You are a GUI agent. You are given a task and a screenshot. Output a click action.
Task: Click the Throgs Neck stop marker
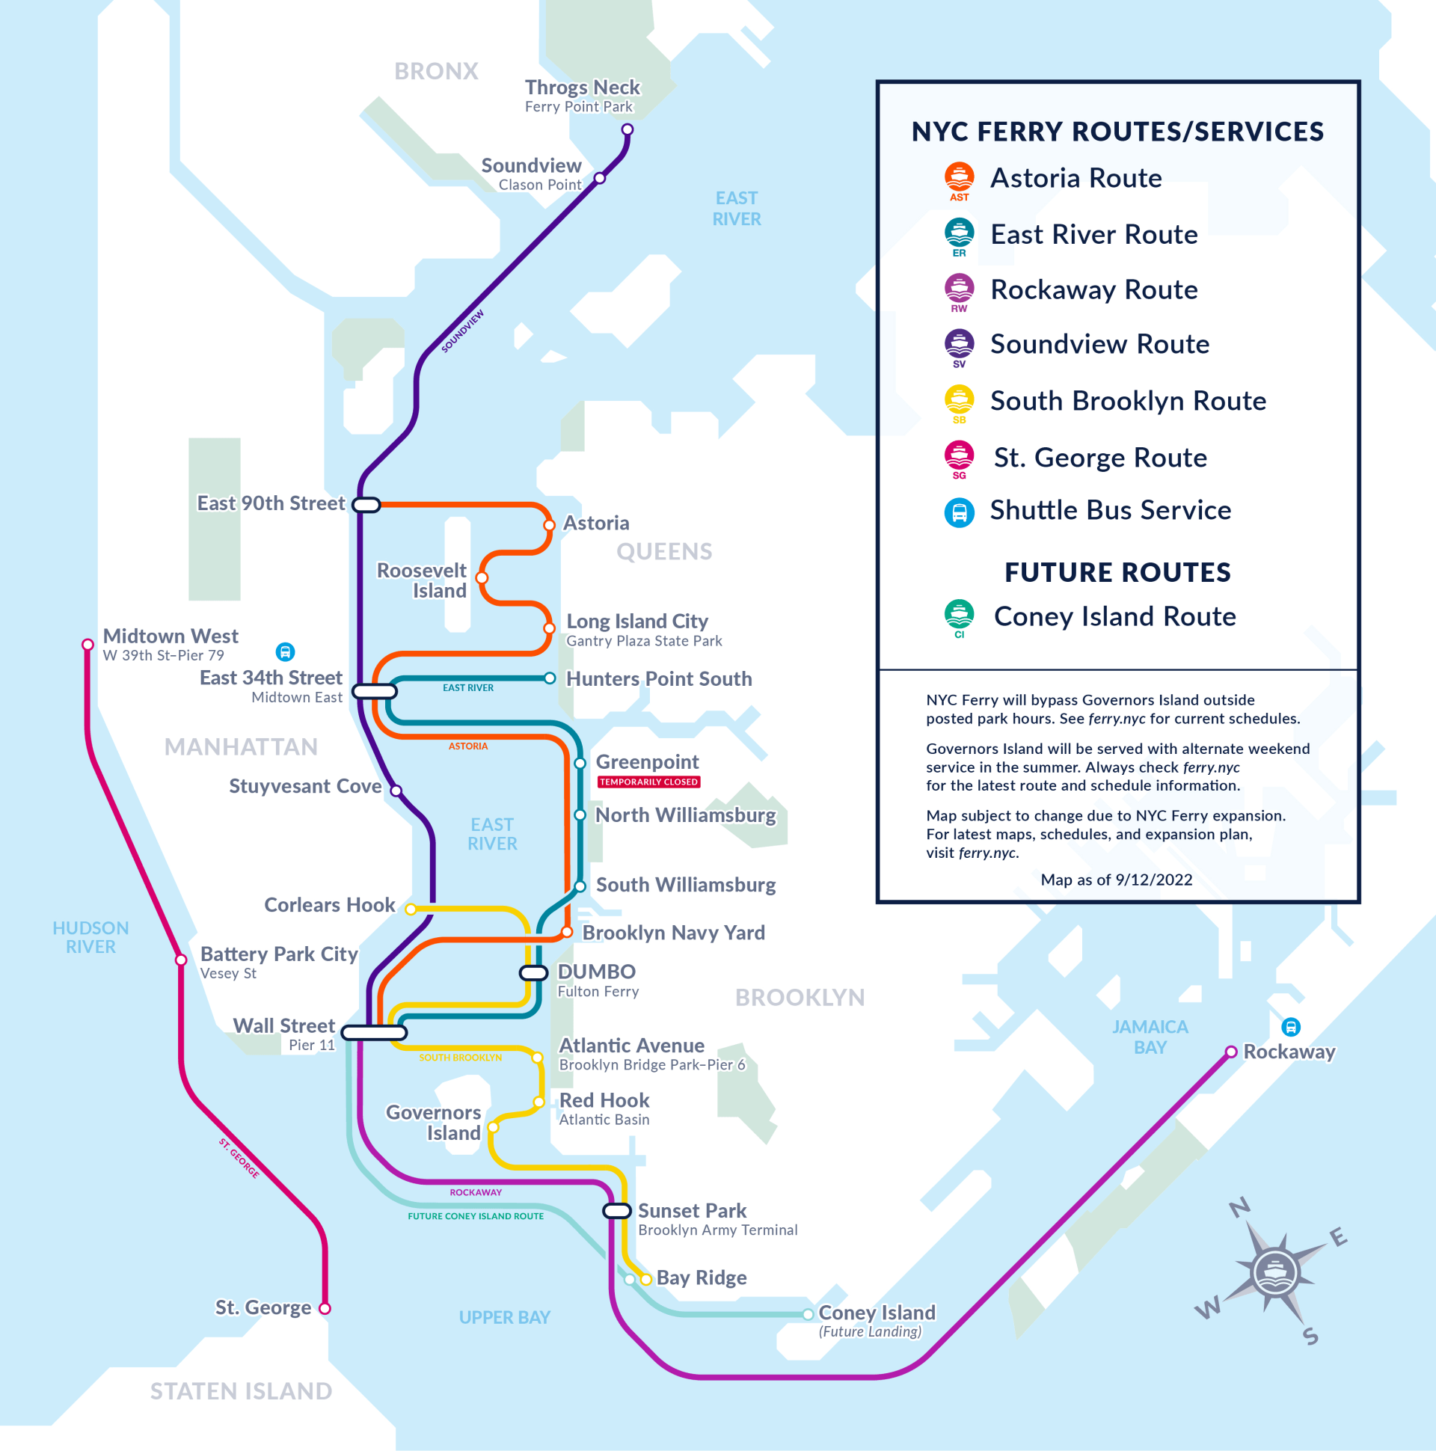627,130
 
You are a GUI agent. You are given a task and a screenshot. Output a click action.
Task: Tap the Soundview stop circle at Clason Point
599,178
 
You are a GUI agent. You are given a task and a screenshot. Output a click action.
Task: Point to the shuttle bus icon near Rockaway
1290,1027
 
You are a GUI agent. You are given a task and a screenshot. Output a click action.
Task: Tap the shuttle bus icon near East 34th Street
285,651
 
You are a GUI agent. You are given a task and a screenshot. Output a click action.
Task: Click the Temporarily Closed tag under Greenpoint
649,782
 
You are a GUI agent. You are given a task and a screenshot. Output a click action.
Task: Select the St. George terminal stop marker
325,1308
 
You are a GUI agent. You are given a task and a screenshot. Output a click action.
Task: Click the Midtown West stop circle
88,645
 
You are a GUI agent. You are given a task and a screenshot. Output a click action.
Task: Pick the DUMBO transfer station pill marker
534,972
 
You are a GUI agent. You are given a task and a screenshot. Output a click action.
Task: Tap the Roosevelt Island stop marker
482,577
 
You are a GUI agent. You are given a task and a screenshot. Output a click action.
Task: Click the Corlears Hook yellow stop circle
410,909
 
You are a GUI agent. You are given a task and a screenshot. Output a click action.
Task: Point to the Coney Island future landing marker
807,1314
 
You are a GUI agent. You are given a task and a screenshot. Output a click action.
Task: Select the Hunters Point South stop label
659,679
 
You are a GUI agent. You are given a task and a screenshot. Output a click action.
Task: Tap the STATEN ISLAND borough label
241,1391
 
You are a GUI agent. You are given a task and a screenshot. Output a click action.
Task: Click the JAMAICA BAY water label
1150,1037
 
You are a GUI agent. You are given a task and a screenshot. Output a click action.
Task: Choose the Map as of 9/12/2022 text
1116,880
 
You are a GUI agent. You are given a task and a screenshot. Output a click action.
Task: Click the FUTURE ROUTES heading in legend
1117,572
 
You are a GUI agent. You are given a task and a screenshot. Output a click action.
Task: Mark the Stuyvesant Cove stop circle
396,790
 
